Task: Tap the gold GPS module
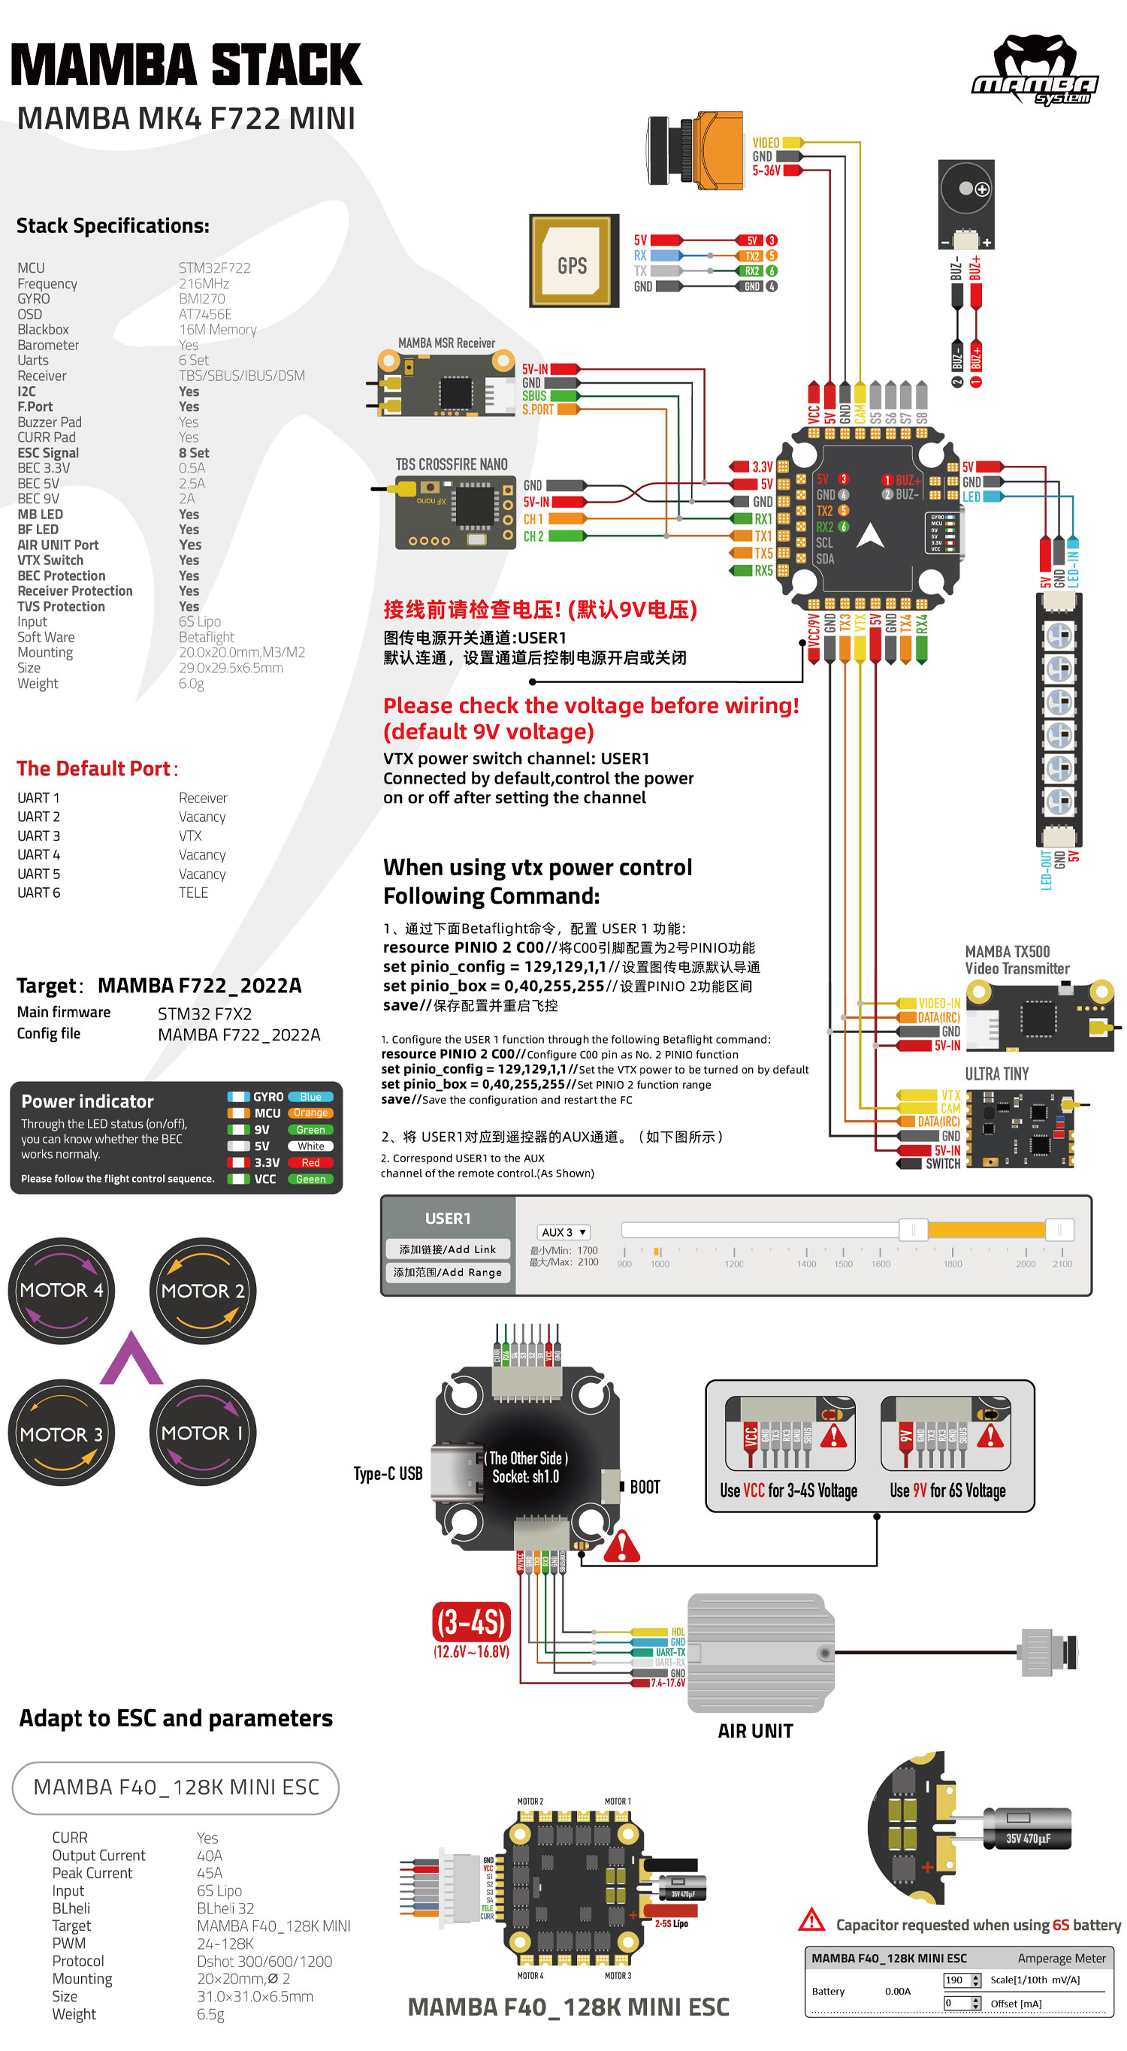click(x=573, y=261)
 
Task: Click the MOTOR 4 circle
click(x=62, y=1291)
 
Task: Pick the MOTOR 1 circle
click(x=202, y=1433)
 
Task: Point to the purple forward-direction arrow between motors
click(x=131, y=1358)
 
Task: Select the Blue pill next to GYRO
click(x=310, y=1097)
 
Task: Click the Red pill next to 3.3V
click(x=310, y=1162)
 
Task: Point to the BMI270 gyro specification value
click(x=201, y=298)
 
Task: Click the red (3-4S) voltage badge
click(x=472, y=1621)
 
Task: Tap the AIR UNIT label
click(x=754, y=1731)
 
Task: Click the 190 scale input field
click(x=955, y=1980)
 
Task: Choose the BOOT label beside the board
click(x=645, y=1488)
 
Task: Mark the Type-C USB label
click(x=388, y=1474)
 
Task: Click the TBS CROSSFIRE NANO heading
click(x=451, y=464)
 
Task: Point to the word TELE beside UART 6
click(x=193, y=893)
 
